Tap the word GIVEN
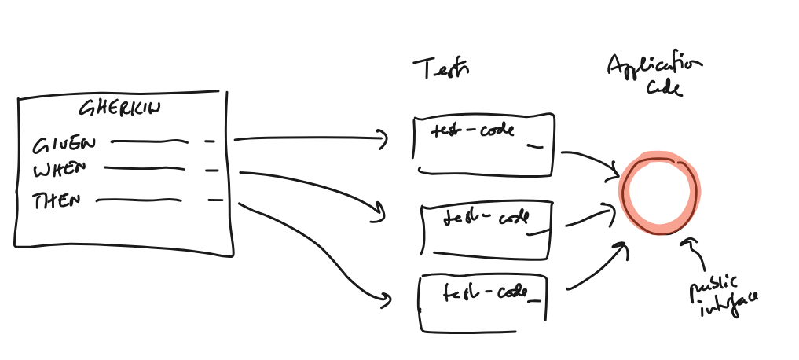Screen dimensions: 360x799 pos(64,145)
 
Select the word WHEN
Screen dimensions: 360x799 pos(60,170)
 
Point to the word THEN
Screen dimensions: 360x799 pos(57,200)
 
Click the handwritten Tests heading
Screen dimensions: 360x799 pos(441,70)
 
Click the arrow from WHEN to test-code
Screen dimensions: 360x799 pos(314,184)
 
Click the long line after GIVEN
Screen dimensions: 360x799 pos(149,142)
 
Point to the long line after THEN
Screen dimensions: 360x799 pos(137,200)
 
